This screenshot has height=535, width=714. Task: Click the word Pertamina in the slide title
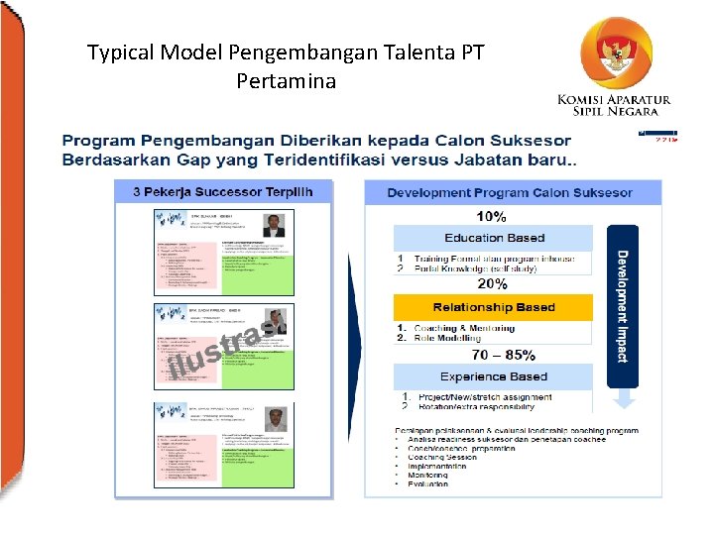pyautogui.click(x=286, y=80)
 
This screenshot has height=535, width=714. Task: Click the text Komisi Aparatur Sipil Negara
pyautogui.click(x=614, y=105)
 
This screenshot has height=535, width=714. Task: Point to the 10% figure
pyautogui.click(x=491, y=217)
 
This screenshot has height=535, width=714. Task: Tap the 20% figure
pyautogui.click(x=492, y=283)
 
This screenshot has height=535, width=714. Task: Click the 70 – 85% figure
pyautogui.click(x=503, y=354)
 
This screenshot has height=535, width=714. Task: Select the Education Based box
pyautogui.click(x=494, y=238)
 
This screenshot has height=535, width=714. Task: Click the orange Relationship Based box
pyautogui.click(x=493, y=307)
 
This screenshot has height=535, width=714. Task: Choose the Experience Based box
pyautogui.click(x=493, y=376)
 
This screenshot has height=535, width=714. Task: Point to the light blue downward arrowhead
pyautogui.click(x=623, y=399)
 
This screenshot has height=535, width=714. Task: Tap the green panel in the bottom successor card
pyautogui.click(x=259, y=460)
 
